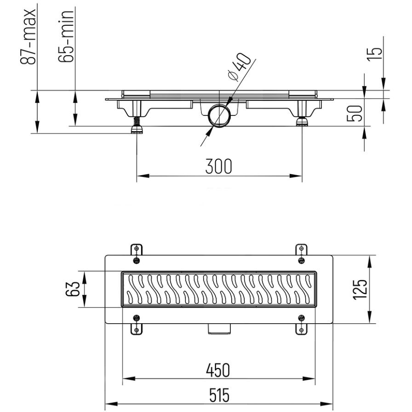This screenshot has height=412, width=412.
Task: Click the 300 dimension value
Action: click(x=218, y=166)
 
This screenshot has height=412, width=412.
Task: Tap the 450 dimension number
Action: click(x=218, y=369)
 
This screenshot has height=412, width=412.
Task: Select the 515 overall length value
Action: click(x=218, y=395)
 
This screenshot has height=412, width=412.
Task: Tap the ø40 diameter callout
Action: click(x=240, y=68)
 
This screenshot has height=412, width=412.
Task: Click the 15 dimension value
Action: click(x=376, y=51)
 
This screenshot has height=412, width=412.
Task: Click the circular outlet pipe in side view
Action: click(x=217, y=116)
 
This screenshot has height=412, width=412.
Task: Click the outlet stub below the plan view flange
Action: click(x=218, y=329)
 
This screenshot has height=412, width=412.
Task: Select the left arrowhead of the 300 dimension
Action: click(x=140, y=176)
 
